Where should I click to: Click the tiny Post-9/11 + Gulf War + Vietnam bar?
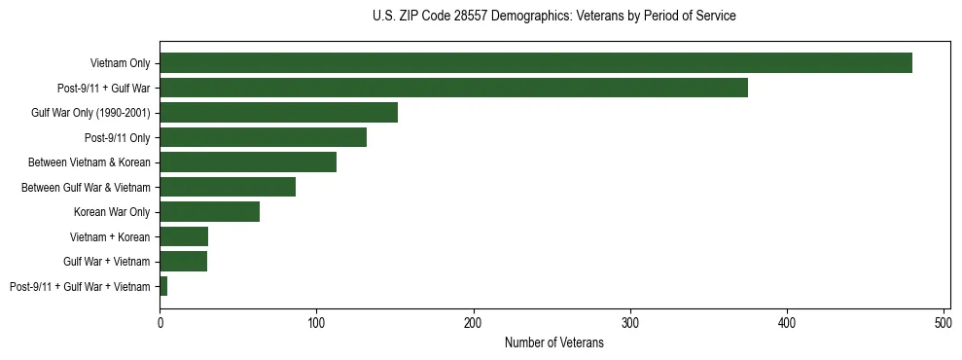click(163, 286)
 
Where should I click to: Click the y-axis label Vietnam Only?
click(121, 63)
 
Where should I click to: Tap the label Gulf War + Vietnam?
click(107, 262)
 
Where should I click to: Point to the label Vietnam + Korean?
click(110, 236)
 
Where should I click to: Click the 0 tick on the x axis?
click(160, 322)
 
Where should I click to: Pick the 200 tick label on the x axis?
click(474, 322)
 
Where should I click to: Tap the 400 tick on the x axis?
click(787, 322)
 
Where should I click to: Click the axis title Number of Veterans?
click(554, 342)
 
